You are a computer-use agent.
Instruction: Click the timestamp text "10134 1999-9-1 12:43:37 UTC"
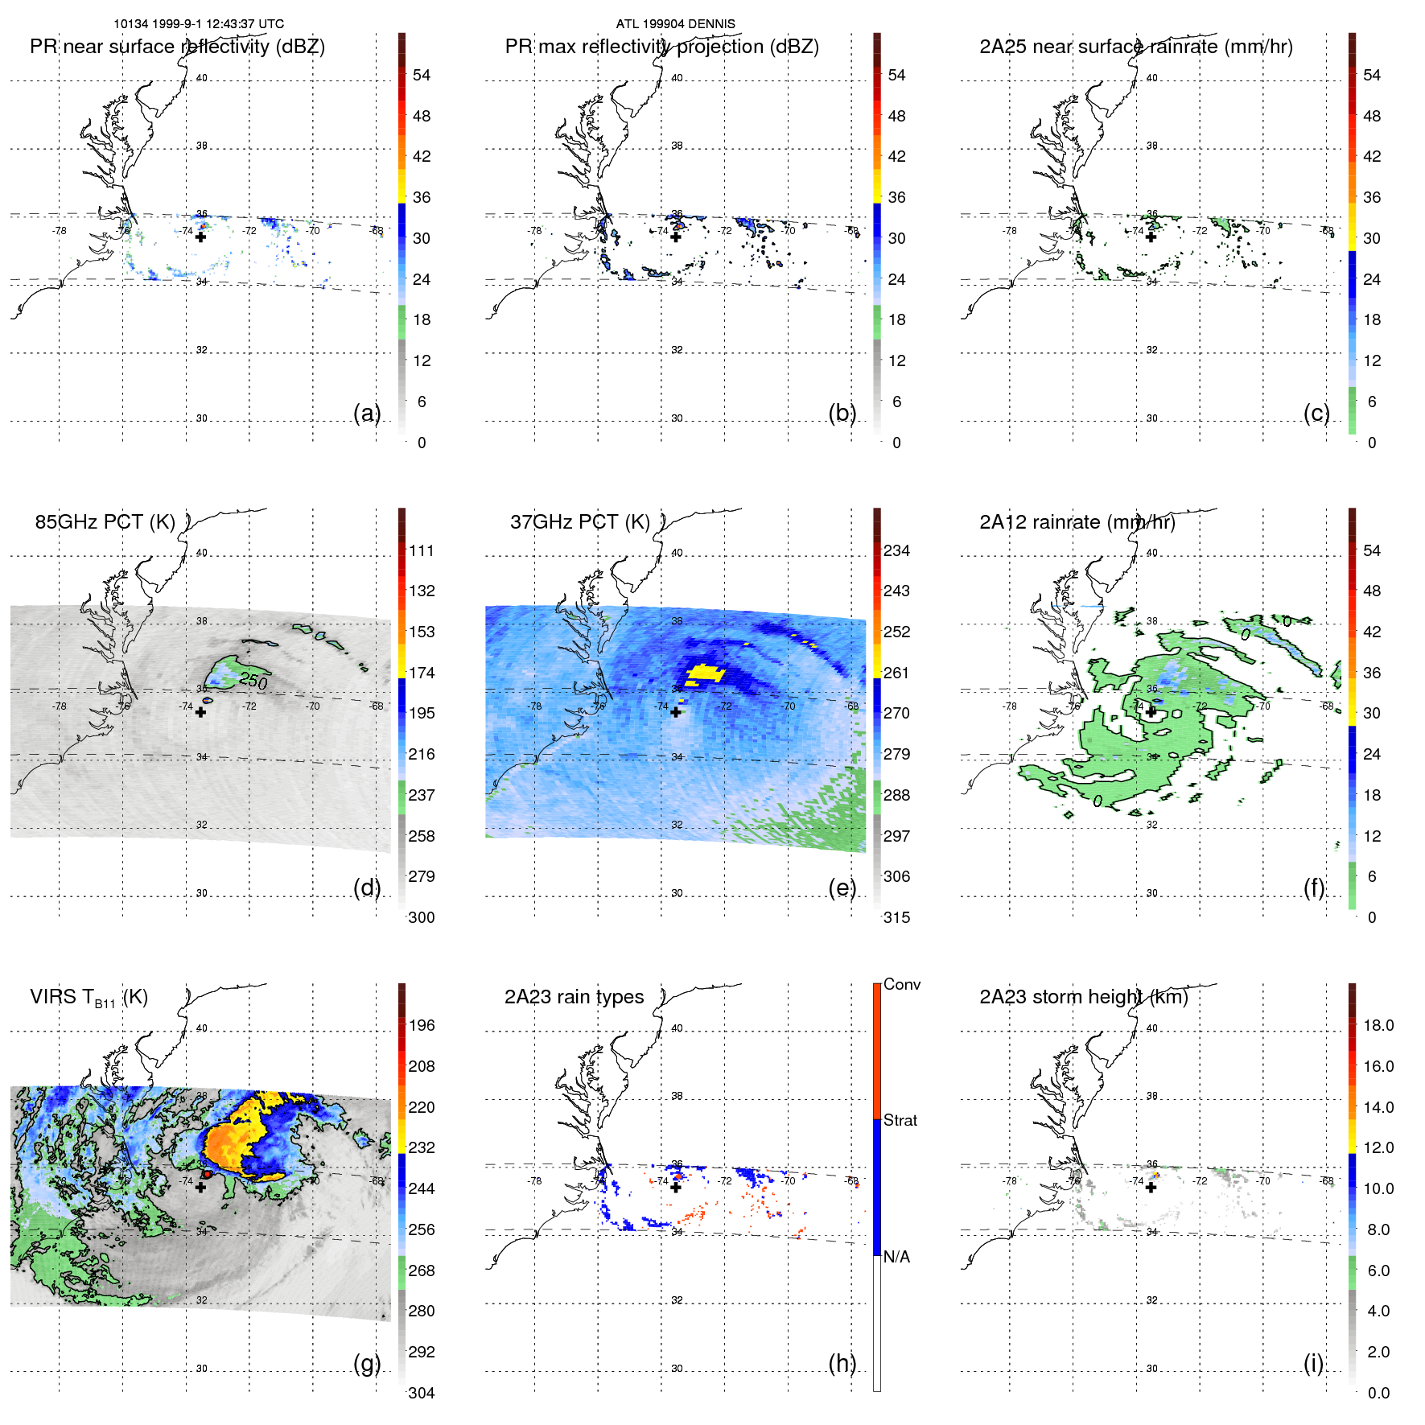tap(199, 24)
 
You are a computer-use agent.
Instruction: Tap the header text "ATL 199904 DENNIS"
tap(675, 24)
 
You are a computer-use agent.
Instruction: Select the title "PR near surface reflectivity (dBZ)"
tap(177, 47)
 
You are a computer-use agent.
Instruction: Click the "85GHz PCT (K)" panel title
tap(105, 522)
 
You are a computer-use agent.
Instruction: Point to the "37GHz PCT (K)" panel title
tap(579, 522)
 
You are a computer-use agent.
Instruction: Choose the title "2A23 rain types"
tap(574, 997)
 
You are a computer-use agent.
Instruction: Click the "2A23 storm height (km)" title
tap(1083, 997)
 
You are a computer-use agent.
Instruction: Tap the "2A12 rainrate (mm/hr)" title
tap(1077, 522)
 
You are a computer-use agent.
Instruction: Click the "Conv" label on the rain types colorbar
tap(901, 984)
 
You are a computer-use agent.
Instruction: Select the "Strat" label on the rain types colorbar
tap(900, 1120)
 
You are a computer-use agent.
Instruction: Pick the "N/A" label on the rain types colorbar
tap(896, 1257)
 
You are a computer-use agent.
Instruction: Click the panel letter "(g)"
tap(366, 1363)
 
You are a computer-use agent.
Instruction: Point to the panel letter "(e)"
tap(842, 888)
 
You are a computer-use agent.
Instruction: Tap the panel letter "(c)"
tap(1316, 413)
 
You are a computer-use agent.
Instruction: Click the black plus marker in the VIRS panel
tap(200, 1187)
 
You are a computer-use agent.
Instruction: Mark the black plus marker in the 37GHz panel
tap(676, 712)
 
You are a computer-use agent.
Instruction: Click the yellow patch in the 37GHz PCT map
tap(705, 673)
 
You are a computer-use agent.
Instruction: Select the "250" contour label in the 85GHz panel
tap(253, 681)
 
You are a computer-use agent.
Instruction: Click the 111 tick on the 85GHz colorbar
tap(421, 550)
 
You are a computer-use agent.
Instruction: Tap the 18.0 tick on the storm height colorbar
tap(1378, 1025)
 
